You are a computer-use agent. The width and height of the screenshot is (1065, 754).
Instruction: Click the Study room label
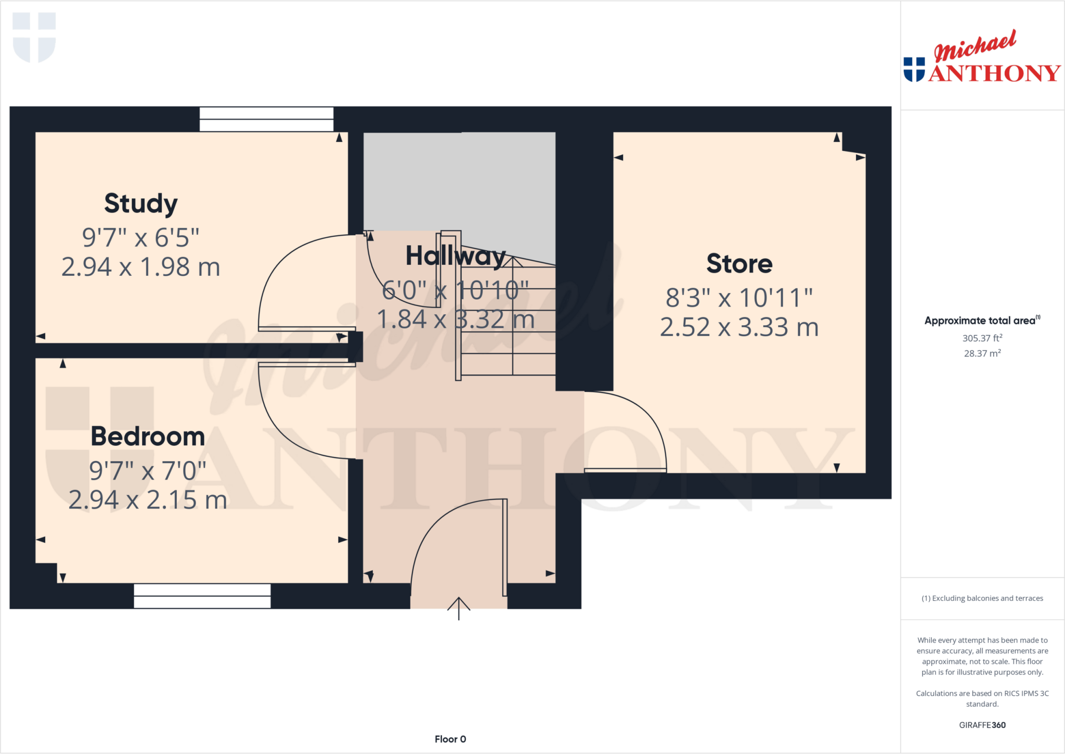tap(141, 203)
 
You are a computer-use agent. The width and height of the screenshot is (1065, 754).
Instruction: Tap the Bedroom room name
tap(148, 437)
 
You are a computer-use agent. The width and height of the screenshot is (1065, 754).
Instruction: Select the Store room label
tap(739, 264)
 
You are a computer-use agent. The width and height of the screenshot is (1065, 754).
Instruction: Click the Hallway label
tap(456, 256)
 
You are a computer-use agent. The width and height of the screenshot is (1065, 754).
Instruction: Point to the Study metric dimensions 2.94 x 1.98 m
tap(141, 267)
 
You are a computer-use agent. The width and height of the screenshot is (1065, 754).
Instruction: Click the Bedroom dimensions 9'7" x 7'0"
tap(148, 471)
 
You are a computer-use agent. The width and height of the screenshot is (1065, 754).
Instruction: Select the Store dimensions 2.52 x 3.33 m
tap(739, 327)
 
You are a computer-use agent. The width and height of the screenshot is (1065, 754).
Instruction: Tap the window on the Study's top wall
tap(266, 119)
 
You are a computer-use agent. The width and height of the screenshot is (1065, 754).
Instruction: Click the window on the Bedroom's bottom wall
tap(202, 596)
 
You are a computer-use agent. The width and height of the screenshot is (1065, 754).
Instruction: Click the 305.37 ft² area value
tap(982, 338)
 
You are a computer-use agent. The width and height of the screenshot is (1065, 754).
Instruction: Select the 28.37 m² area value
tap(982, 353)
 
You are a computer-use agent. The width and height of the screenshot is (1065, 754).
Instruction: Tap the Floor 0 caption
tap(450, 739)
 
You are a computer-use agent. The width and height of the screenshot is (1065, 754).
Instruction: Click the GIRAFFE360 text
tap(982, 725)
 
